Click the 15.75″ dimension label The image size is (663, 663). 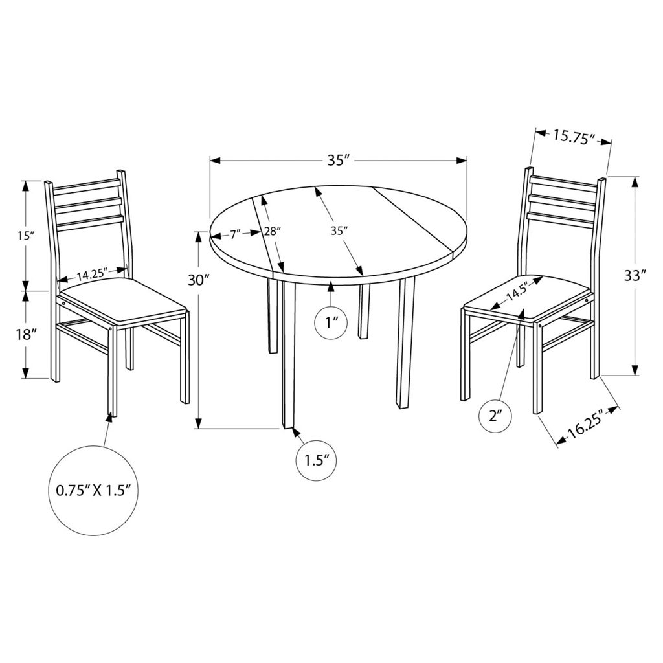tap(574, 137)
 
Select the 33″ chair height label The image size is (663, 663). tap(635, 275)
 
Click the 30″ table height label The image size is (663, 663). tap(198, 280)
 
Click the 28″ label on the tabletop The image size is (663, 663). tap(273, 231)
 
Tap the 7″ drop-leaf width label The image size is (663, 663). tap(236, 233)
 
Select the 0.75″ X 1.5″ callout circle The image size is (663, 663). tap(93, 491)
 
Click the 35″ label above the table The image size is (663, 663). tap(338, 161)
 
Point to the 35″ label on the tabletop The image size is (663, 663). tap(339, 231)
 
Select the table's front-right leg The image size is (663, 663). tap(405, 343)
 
